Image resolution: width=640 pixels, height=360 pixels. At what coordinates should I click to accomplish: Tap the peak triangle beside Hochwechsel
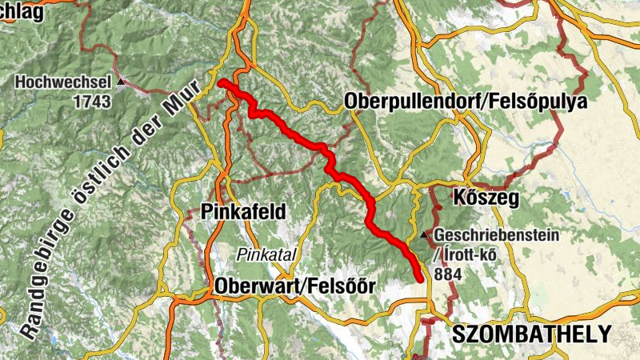point(121,82)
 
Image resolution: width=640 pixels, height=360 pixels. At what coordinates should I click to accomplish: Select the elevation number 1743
point(91,101)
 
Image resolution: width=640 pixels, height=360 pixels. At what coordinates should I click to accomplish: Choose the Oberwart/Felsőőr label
point(295,286)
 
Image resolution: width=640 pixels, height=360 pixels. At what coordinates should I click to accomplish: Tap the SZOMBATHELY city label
point(530,334)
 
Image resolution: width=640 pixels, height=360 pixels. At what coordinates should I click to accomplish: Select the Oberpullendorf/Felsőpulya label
point(466,102)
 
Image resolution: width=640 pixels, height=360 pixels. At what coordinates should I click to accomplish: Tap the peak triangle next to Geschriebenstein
point(424,236)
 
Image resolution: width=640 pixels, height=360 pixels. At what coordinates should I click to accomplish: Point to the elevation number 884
point(448,273)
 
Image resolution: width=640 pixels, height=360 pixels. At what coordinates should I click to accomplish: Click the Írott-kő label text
point(469,254)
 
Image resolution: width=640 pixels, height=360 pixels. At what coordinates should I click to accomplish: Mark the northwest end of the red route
point(221,82)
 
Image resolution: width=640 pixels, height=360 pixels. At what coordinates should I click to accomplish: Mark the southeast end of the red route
point(420,278)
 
